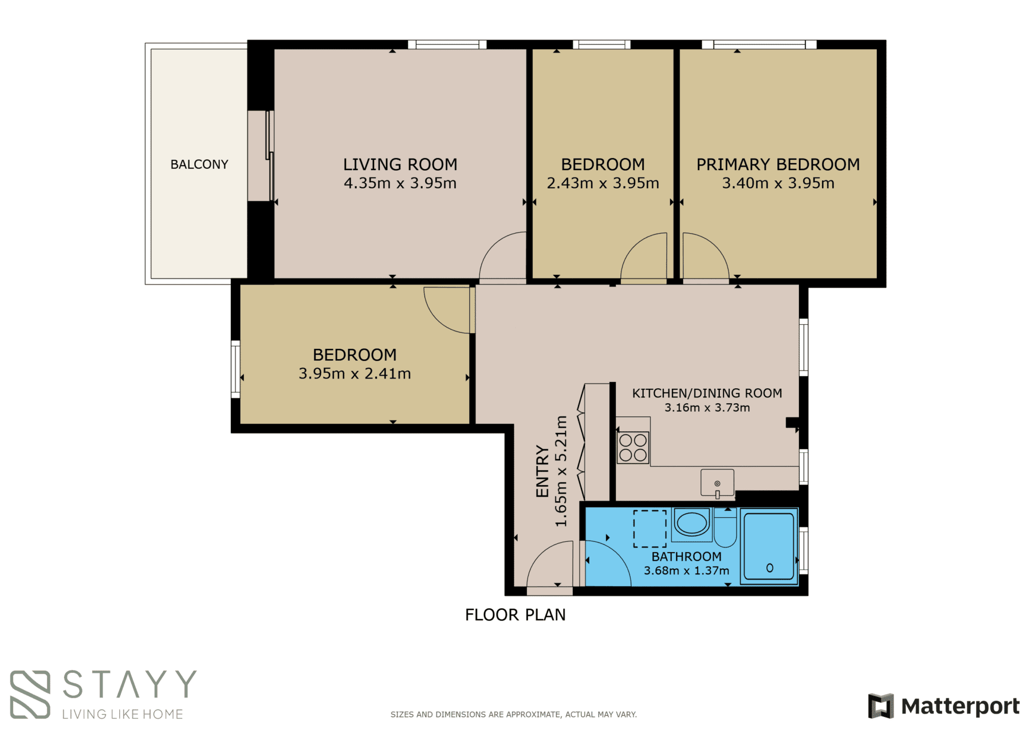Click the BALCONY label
click(199, 164)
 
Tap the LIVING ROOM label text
click(400, 164)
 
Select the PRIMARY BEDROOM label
click(778, 164)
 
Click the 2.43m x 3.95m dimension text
click(603, 183)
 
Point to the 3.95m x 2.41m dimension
click(355, 373)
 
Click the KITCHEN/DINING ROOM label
click(707, 393)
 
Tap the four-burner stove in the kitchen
click(633, 448)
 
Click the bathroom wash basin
click(691, 523)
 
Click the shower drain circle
click(770, 568)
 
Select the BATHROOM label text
click(686, 557)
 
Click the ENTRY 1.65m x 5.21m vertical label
click(552, 471)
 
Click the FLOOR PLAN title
click(515, 614)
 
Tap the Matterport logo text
click(960, 706)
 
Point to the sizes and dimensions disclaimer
click(514, 714)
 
